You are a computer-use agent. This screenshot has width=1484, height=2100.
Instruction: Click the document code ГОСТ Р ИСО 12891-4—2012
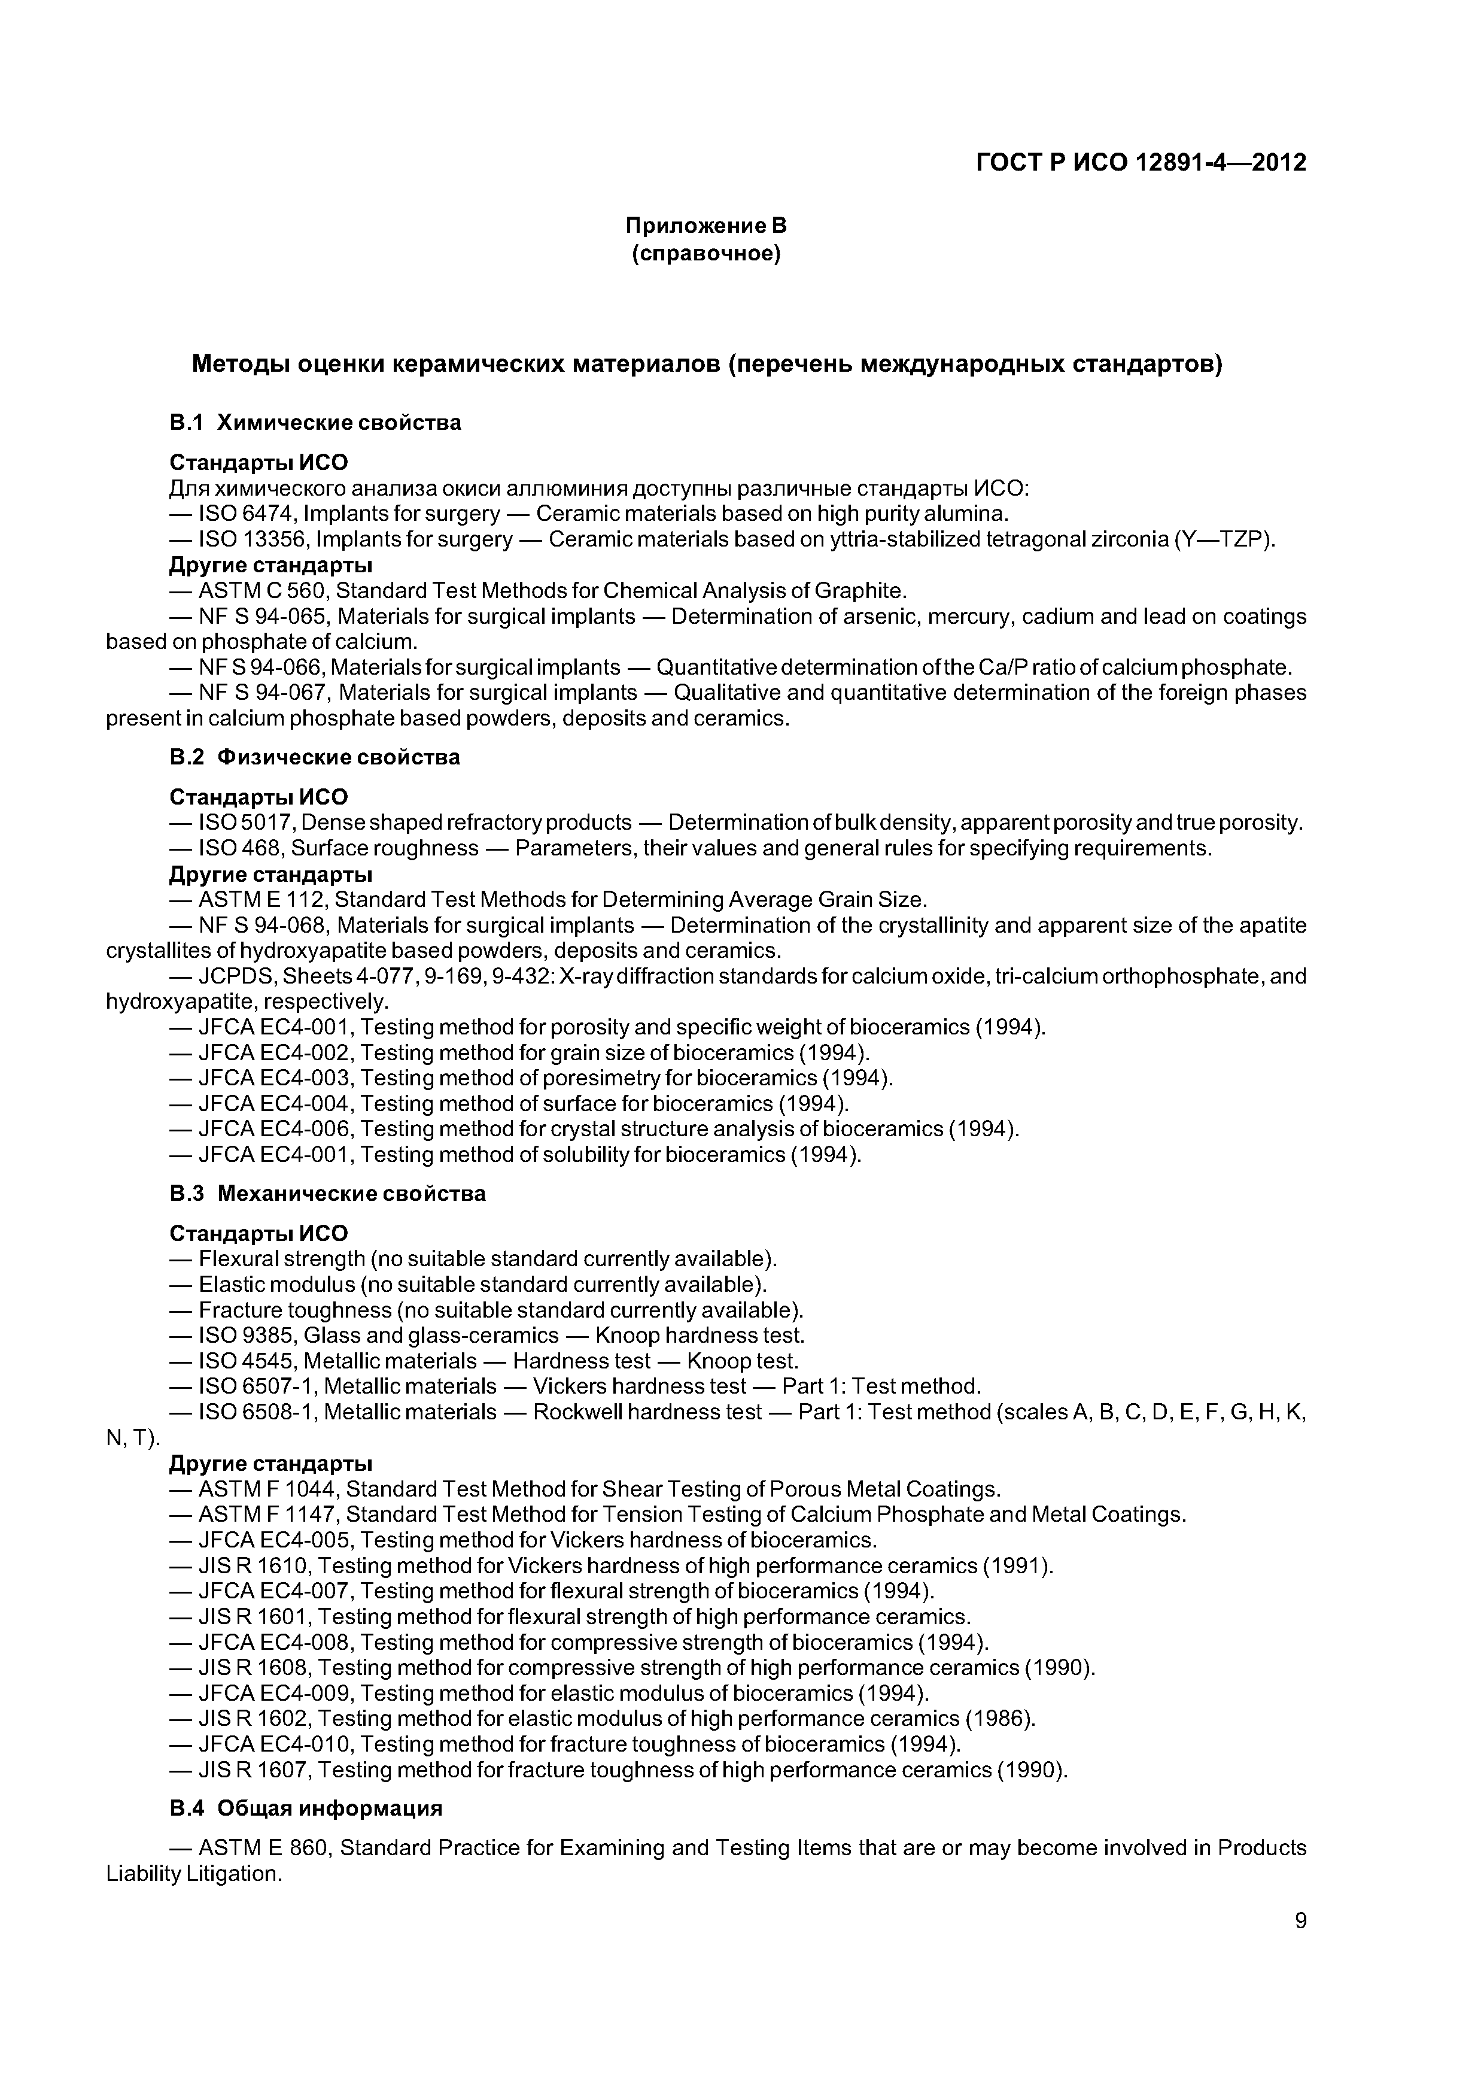coord(1141,163)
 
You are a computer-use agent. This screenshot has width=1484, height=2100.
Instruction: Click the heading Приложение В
coord(706,225)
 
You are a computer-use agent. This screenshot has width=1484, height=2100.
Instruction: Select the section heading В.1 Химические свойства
coord(315,423)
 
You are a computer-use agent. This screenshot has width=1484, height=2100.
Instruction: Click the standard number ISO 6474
coord(250,514)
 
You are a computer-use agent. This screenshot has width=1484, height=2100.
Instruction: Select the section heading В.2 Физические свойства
coord(315,757)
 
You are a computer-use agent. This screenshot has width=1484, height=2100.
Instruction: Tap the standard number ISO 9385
coord(250,1336)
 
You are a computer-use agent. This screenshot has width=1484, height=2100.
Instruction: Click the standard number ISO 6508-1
coord(258,1412)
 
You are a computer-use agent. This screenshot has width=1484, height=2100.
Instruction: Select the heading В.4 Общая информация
coord(306,1809)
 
